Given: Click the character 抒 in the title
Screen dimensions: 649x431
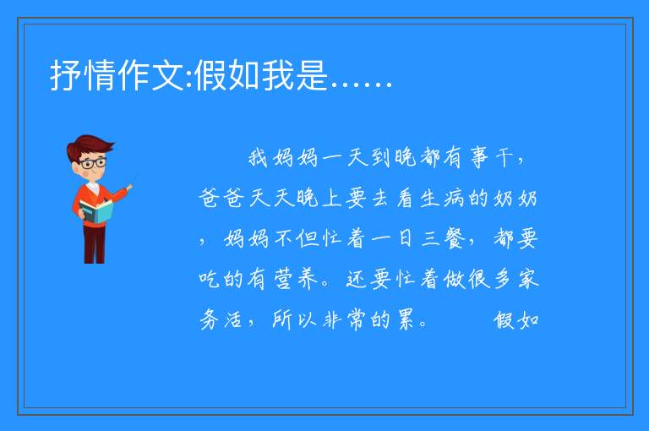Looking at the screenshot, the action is pyautogui.click(x=66, y=75).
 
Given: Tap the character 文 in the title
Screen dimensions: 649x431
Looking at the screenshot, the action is pyautogui.click(x=168, y=75).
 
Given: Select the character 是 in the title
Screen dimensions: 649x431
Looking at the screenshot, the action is pyautogui.click(x=312, y=75).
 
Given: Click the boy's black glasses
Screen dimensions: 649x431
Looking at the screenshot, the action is pyautogui.click(x=93, y=163).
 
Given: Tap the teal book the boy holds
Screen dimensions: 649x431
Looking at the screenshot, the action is pyautogui.click(x=96, y=212).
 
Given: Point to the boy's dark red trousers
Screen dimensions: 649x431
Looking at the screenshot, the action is pyautogui.click(x=95, y=244).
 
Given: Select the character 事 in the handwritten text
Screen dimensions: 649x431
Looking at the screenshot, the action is pyautogui.click(x=480, y=158).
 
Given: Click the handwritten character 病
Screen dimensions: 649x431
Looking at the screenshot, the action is pyautogui.click(x=455, y=199).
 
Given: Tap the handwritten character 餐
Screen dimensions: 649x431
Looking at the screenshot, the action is pyautogui.click(x=455, y=238).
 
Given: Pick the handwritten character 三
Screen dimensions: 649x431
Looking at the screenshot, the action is pyautogui.click(x=430, y=239).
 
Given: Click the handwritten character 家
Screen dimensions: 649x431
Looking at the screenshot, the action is pyautogui.click(x=528, y=279).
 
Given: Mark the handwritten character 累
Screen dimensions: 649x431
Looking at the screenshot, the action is pyautogui.click(x=406, y=319).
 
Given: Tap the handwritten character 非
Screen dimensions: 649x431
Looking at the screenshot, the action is pyautogui.click(x=332, y=320).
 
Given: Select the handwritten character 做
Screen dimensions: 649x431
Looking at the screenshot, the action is pyautogui.click(x=455, y=279).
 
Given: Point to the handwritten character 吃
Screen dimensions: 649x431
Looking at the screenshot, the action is pyautogui.click(x=209, y=279).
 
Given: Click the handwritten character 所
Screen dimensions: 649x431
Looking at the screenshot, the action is pyautogui.click(x=282, y=319).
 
